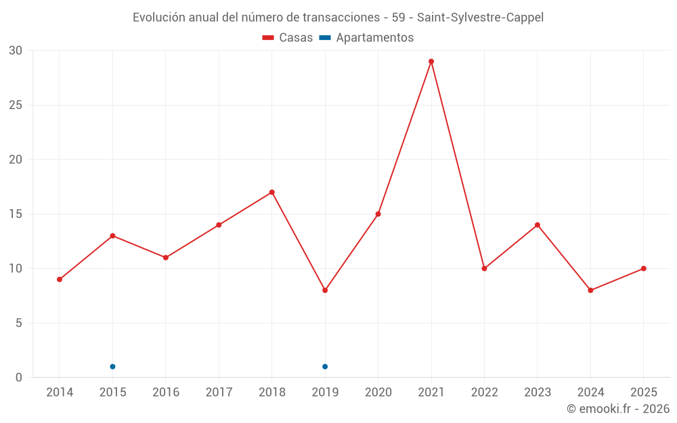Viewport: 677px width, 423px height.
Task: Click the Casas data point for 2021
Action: click(x=431, y=62)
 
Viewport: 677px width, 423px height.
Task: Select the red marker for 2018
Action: click(x=272, y=192)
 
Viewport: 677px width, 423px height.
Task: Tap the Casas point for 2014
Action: click(x=60, y=280)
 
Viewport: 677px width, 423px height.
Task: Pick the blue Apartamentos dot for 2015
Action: click(x=112, y=367)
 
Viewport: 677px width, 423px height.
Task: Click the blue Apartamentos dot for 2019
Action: click(x=325, y=367)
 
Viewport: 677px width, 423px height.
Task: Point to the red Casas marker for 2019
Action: click(x=325, y=290)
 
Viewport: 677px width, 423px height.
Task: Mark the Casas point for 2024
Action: click(x=590, y=290)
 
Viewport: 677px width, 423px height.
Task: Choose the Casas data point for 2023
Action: click(x=538, y=225)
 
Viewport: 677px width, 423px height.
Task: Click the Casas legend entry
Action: click(x=288, y=38)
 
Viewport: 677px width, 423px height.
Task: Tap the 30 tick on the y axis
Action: click(x=16, y=51)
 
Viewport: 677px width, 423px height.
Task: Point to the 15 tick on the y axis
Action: click(x=16, y=214)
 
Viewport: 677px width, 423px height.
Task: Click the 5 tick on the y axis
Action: click(x=19, y=323)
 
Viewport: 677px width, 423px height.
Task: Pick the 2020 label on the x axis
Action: click(x=378, y=393)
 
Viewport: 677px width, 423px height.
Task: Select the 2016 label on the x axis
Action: click(x=166, y=393)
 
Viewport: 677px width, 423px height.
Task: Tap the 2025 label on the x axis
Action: click(x=644, y=393)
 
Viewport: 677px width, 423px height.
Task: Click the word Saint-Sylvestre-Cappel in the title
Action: click(x=480, y=18)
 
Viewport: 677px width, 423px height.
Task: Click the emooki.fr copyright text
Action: click(x=618, y=409)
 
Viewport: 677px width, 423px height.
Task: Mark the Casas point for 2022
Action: click(x=484, y=269)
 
